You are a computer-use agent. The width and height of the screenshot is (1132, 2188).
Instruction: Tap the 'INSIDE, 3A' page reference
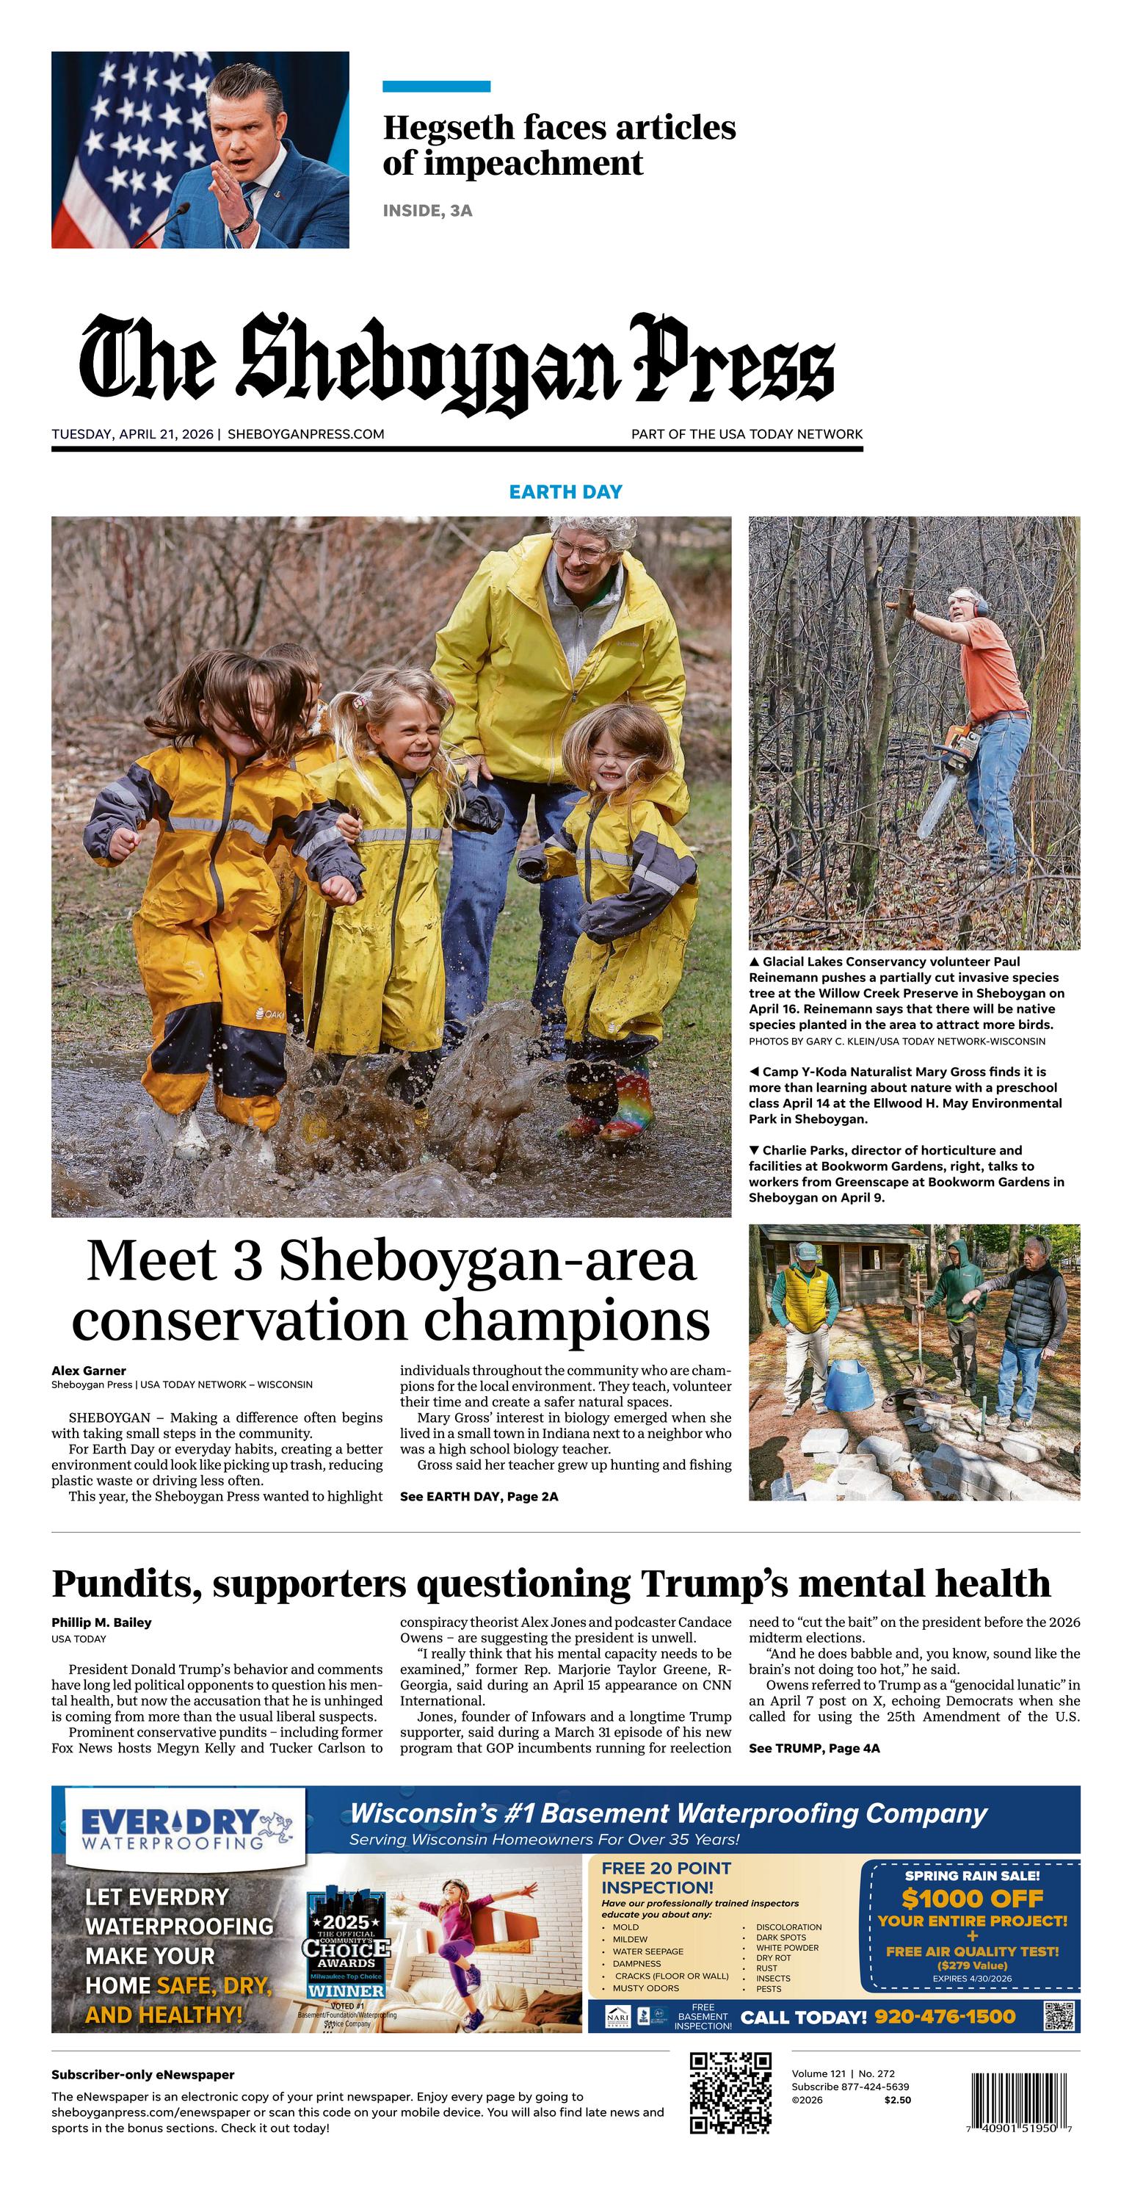click(427, 211)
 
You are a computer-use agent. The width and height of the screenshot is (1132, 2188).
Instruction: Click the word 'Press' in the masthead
click(732, 359)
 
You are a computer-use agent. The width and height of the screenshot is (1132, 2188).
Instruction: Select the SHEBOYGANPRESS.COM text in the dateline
click(305, 434)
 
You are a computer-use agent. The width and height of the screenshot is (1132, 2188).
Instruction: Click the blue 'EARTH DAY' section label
click(565, 492)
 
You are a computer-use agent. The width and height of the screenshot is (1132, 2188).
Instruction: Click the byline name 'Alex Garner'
click(88, 1370)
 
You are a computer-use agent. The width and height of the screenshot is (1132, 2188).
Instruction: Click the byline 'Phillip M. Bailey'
click(101, 1622)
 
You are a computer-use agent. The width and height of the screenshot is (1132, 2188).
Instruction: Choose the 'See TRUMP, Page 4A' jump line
click(813, 1747)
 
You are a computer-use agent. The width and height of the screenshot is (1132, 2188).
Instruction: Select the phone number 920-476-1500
click(944, 2016)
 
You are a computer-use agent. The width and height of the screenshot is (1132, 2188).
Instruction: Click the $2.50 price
click(897, 2100)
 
